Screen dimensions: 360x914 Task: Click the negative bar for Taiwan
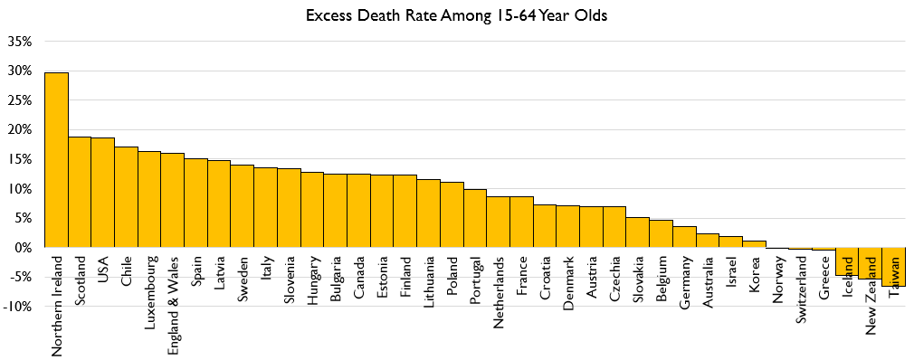(893, 267)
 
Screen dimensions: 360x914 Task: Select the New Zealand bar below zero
(870, 263)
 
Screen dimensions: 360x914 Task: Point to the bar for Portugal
(475, 218)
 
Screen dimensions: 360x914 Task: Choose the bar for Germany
(684, 237)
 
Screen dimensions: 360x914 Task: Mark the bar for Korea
(754, 244)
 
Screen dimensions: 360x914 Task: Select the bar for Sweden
(242, 206)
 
